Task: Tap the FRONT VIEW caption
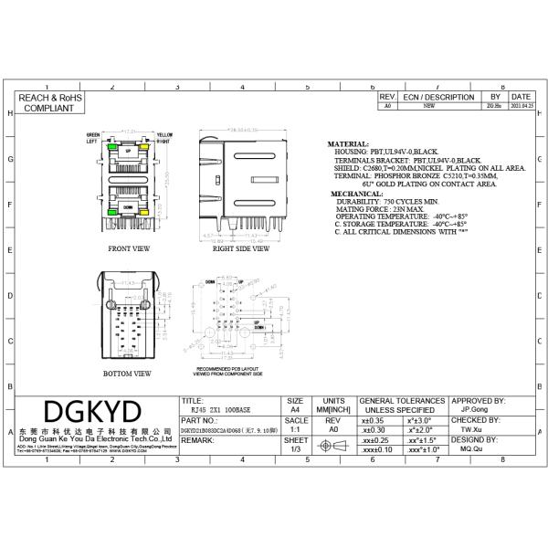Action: click(129, 248)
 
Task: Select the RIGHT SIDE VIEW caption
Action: click(240, 248)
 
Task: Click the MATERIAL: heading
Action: click(348, 144)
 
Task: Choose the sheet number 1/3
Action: click(295, 449)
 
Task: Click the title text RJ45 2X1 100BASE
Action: click(212, 411)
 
